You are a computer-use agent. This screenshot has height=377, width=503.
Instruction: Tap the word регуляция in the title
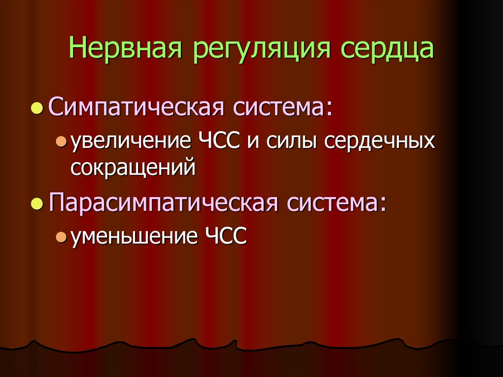tap(256, 51)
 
